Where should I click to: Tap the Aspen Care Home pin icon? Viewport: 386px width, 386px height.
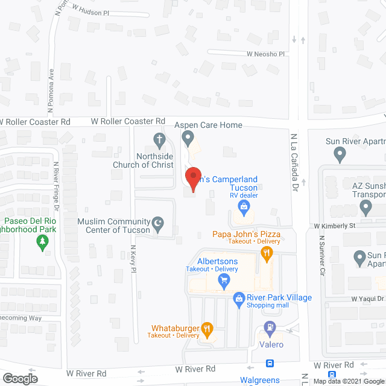(x=189, y=141)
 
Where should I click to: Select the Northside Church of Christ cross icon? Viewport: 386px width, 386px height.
(x=160, y=141)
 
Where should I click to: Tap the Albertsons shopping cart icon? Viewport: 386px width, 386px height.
(x=224, y=280)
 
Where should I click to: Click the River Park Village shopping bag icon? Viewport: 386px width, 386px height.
(x=239, y=298)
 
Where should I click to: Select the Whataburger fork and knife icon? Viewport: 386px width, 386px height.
(x=207, y=329)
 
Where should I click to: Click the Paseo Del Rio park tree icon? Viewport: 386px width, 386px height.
(x=42, y=242)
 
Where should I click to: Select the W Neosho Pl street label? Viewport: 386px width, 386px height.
(x=265, y=54)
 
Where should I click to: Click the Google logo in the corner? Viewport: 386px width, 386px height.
(x=20, y=379)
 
